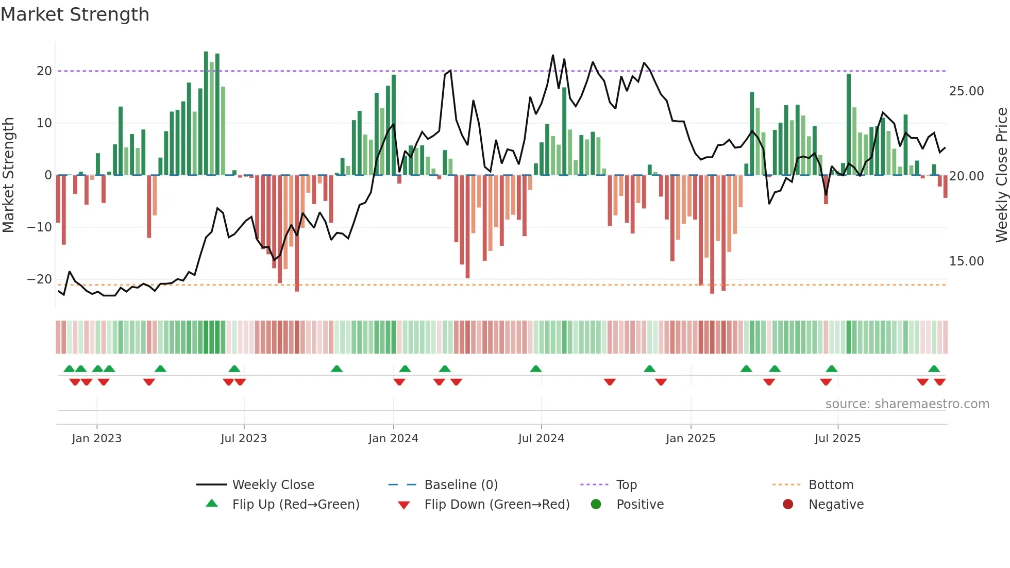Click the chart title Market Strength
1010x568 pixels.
pos(75,14)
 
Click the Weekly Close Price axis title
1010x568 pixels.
pos(1001,175)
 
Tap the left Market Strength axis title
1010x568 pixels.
pos(8,175)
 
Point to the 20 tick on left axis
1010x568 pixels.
pos(44,71)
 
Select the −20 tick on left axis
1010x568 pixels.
pos(40,279)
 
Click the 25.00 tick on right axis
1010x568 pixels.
pos(966,91)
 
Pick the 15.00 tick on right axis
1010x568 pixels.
pos(966,261)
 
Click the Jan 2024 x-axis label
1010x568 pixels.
pos(393,439)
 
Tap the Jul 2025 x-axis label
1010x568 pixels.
pos(837,439)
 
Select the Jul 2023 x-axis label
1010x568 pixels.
pos(244,439)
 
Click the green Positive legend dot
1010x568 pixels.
pos(596,505)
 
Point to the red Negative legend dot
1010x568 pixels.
pos(788,505)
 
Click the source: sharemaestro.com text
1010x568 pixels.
pos(907,404)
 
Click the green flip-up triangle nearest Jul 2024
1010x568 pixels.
pos(536,369)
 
